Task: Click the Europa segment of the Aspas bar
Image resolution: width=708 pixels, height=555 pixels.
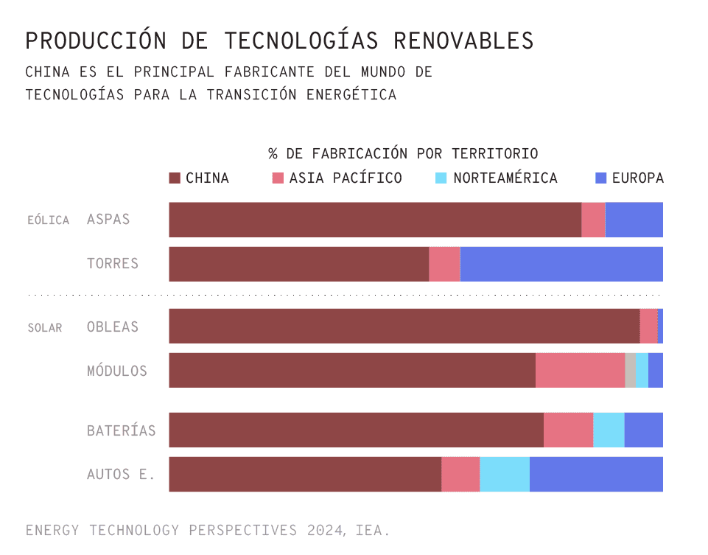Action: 634,220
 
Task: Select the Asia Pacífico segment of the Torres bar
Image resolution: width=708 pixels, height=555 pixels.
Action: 444,264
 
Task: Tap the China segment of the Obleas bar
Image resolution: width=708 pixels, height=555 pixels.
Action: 404,326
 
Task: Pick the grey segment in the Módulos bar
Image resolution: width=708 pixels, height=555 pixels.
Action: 631,370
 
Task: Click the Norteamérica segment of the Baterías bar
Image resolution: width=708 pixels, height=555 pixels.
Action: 609,430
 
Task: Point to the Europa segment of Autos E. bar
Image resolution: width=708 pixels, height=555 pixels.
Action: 596,474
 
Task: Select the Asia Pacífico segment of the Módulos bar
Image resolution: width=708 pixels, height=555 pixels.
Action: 580,370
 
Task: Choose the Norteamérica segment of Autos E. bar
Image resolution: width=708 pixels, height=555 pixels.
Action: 505,474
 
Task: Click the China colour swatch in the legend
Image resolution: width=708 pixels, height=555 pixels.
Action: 175,178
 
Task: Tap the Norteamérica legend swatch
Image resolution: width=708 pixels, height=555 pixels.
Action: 441,178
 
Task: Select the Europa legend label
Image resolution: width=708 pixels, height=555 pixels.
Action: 638,178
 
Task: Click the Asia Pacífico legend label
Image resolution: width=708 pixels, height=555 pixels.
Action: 346,178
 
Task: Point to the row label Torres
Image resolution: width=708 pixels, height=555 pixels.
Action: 113,264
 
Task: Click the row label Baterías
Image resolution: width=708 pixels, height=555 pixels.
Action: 122,430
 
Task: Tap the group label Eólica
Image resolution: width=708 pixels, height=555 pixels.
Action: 48,220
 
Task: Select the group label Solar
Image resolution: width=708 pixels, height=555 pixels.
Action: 45,327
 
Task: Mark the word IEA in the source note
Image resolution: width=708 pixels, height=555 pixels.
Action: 372,530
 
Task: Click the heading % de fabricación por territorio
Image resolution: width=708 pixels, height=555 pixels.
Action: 403,154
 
